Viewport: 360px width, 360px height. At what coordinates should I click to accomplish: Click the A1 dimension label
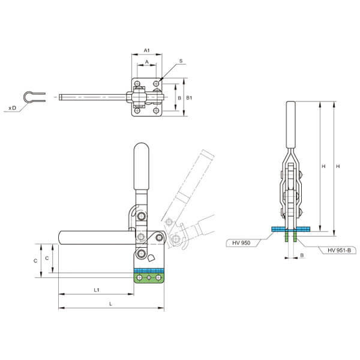[146, 50]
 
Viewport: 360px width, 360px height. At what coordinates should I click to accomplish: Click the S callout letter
[181, 61]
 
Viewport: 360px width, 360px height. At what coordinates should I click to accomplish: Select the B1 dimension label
[189, 98]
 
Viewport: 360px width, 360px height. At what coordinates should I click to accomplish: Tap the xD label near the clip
[13, 108]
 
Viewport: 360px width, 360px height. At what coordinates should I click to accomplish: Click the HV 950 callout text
[241, 242]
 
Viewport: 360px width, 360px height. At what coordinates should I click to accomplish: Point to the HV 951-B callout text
[339, 250]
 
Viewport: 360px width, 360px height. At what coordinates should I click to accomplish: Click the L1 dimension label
[97, 290]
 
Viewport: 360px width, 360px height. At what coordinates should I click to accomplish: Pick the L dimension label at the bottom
[110, 304]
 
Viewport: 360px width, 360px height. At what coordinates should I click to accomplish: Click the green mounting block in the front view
[149, 278]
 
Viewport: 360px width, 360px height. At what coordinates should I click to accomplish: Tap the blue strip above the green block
[149, 270]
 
